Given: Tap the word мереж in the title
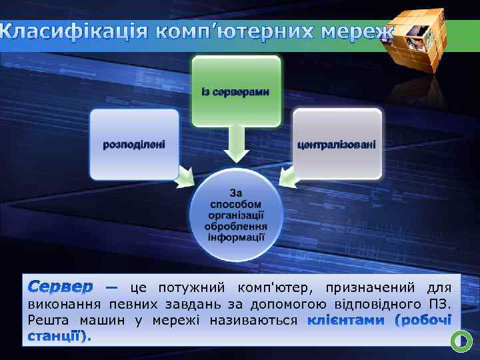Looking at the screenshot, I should [356, 31].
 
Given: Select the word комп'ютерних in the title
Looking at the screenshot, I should [235, 31].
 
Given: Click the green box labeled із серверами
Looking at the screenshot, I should [236, 91].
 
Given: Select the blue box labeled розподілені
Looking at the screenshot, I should [134, 144].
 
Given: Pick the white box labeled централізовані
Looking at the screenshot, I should [337, 144].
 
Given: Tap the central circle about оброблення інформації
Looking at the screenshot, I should [236, 215].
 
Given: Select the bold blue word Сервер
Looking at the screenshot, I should [60, 288].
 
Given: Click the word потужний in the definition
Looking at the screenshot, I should [187, 288].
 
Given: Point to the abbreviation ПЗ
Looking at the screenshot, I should [441, 305].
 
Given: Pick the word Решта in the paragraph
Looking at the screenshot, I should [47, 321].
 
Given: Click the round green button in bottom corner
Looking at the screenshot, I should [461, 341].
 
